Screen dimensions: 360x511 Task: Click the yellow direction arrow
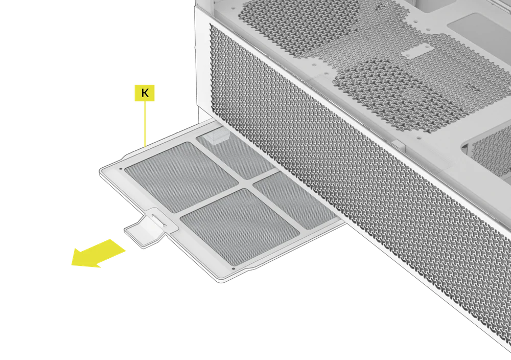(100, 253)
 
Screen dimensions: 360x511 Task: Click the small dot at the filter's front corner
(234, 267)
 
